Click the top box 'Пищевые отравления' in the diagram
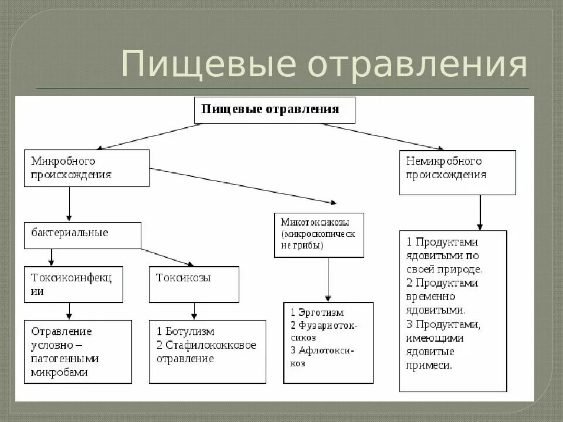point(274,110)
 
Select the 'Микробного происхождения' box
point(86,168)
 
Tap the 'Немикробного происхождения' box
point(457,172)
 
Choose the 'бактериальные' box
point(82,235)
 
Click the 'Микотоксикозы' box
point(318,235)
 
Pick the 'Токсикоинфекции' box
point(73,284)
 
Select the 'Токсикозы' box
point(194,284)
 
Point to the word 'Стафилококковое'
point(211,345)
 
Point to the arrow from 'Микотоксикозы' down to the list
point(328,280)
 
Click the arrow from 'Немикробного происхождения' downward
point(480,212)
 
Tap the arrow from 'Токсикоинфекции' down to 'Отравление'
point(69,311)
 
